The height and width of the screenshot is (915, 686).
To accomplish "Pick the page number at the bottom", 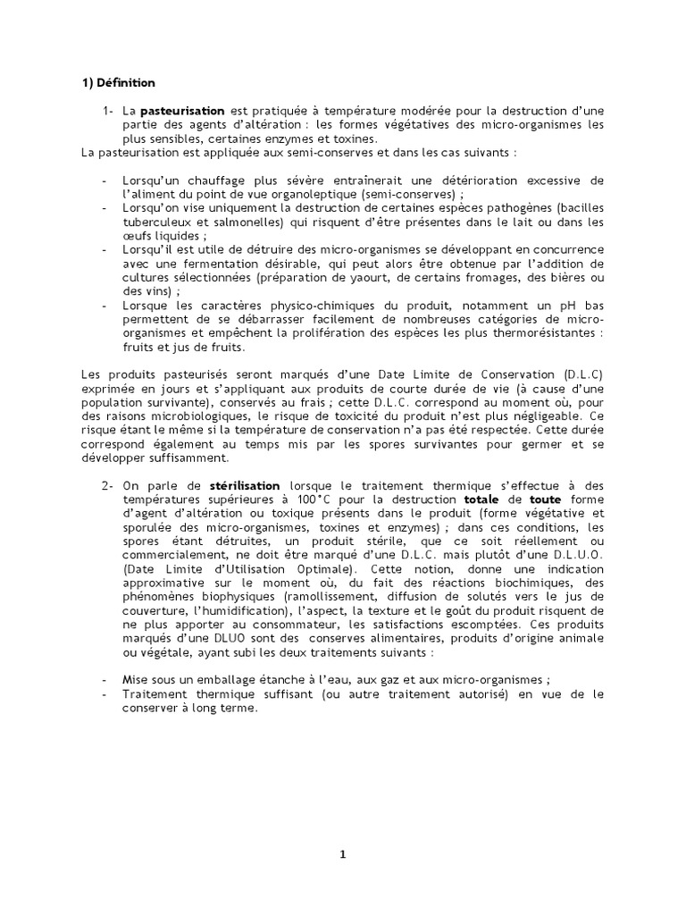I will tap(342, 854).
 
